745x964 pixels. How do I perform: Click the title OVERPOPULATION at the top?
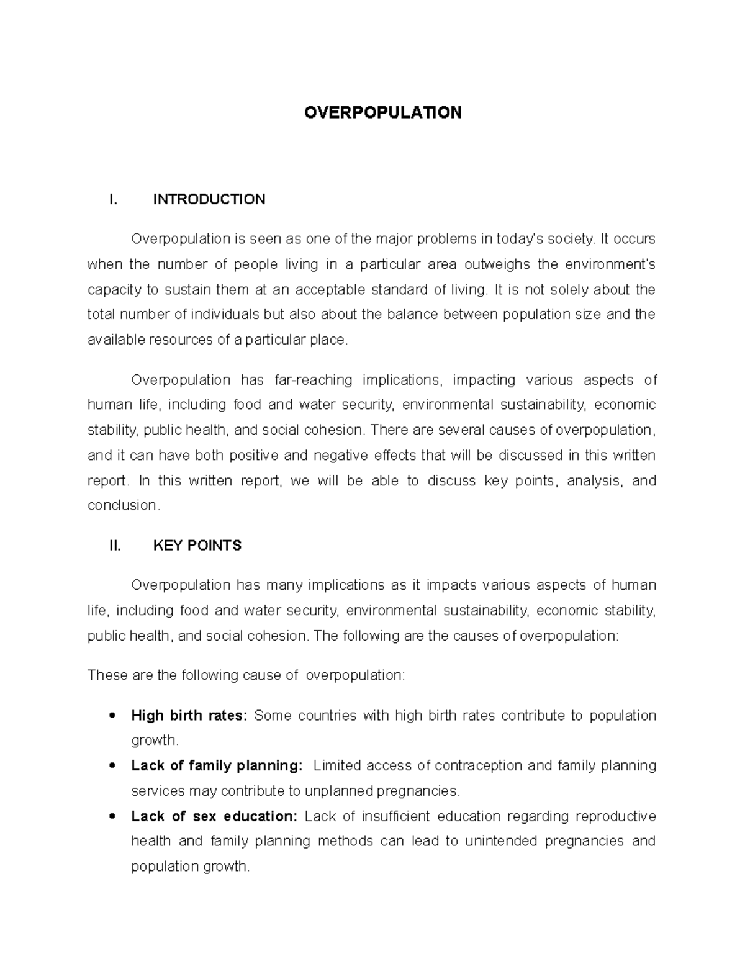coord(382,112)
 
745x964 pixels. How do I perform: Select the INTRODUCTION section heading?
coord(209,199)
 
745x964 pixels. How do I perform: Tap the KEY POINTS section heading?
coord(197,546)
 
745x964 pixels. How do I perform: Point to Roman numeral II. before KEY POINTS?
coord(114,546)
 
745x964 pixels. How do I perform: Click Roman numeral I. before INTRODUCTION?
coord(112,199)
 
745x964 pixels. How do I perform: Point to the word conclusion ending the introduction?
coord(123,506)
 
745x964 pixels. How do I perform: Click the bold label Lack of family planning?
coord(217,766)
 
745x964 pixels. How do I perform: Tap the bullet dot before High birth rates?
coord(112,716)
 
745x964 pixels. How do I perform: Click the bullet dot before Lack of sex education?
coord(112,816)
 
